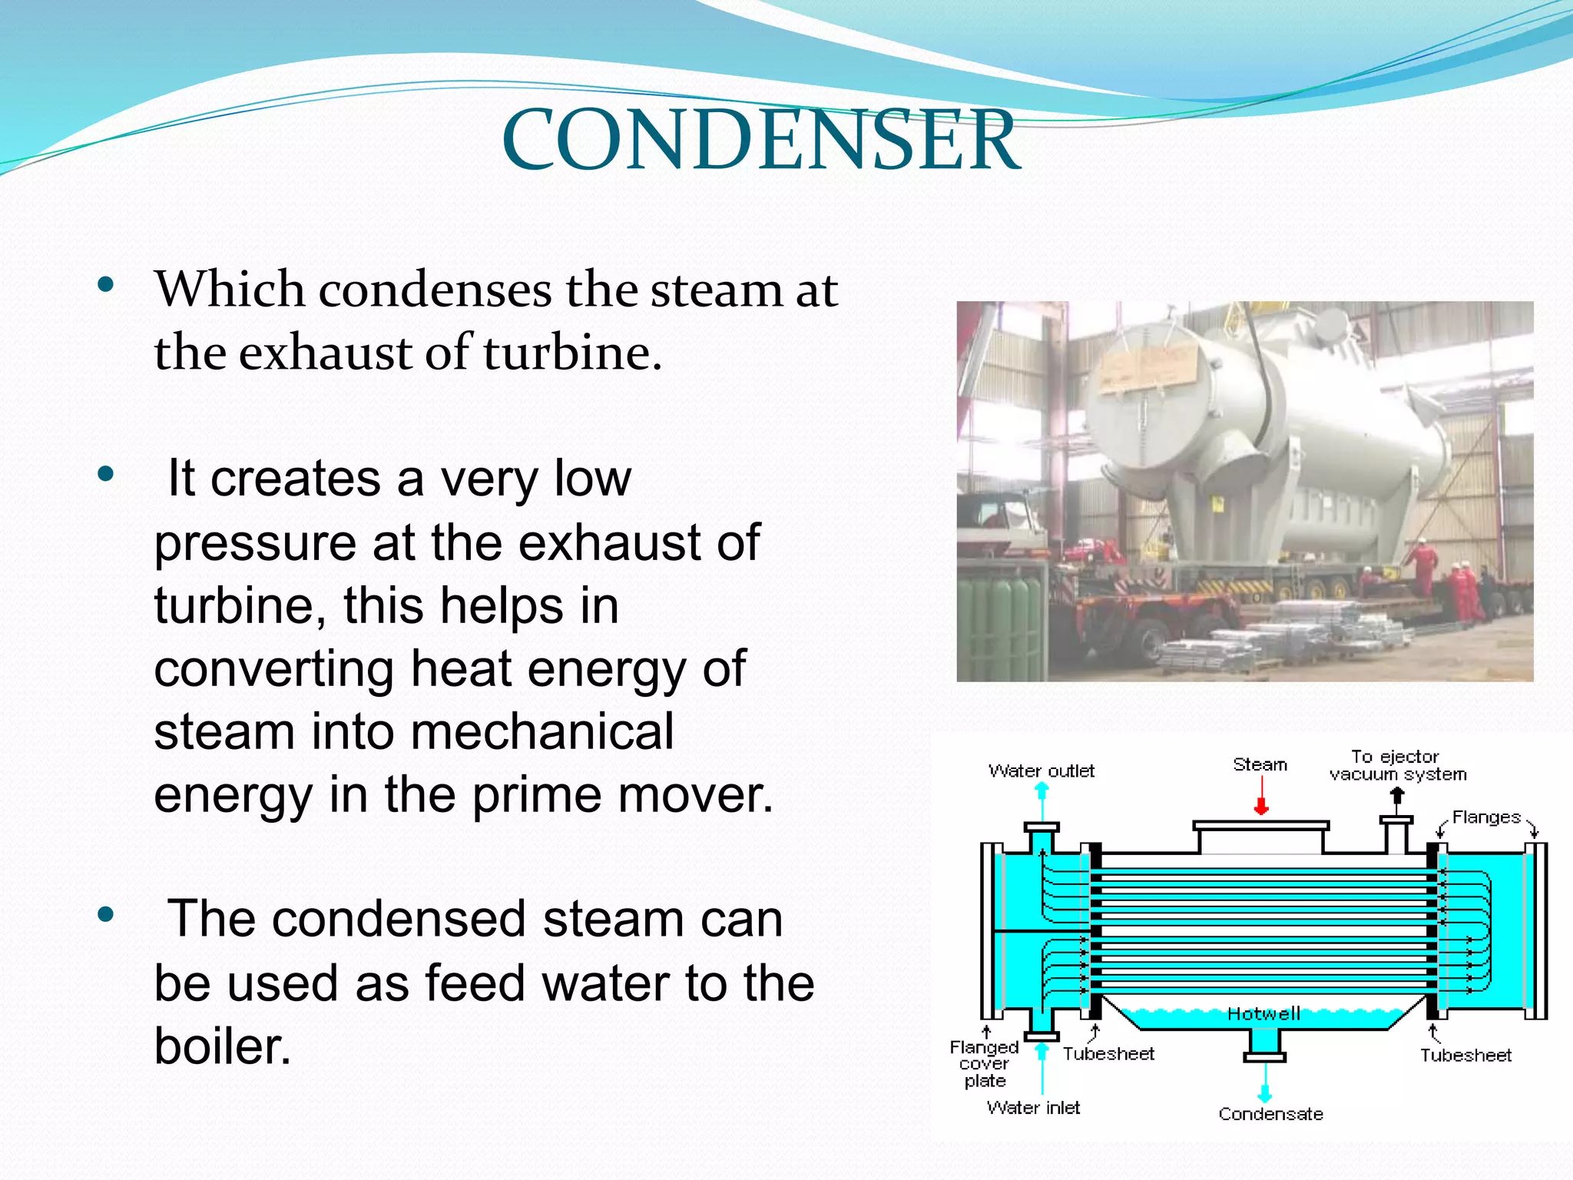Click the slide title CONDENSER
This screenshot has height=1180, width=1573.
pos(760,140)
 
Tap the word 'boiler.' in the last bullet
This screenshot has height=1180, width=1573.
pos(223,1046)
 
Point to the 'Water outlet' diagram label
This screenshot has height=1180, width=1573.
pos(1041,771)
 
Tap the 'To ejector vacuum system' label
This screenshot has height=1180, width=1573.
pos(1397,765)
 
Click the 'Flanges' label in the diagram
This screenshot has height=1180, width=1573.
pos(1485,817)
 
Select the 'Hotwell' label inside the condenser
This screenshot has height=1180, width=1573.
pos(1263,1014)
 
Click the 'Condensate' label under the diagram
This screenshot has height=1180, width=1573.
pos(1270,1114)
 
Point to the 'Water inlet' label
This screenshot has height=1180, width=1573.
pos(1033,1108)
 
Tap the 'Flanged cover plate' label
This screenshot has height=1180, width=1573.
pos(984,1064)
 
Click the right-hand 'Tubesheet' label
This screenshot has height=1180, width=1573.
pos(1465,1056)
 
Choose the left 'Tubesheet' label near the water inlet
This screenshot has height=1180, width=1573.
pos(1108,1054)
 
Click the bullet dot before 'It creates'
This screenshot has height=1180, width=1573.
pos(106,474)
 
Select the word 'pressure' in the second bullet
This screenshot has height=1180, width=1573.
pos(255,542)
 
